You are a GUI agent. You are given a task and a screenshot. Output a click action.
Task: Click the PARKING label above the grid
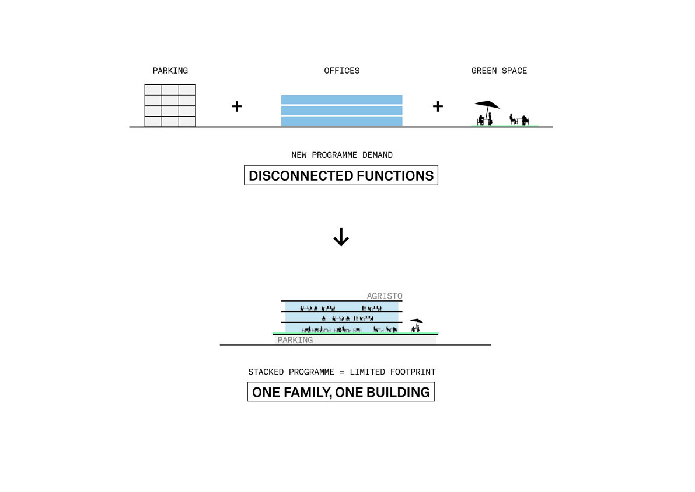pyautogui.click(x=170, y=71)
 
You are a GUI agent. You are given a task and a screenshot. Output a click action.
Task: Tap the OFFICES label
pyautogui.click(x=341, y=71)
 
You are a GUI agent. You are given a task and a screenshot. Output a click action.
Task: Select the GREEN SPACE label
pyautogui.click(x=499, y=71)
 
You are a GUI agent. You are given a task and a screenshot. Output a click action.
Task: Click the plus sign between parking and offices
pyautogui.click(x=236, y=106)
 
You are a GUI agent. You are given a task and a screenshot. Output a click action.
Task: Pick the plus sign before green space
pyautogui.click(x=438, y=106)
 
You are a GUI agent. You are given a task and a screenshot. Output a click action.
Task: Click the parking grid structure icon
pyautogui.click(x=170, y=106)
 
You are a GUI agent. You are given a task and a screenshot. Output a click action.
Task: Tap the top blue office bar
pyautogui.click(x=341, y=99)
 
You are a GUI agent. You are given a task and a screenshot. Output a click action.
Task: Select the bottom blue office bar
pyautogui.click(x=341, y=121)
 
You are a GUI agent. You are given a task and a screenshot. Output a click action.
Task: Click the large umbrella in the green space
pyautogui.click(x=487, y=105)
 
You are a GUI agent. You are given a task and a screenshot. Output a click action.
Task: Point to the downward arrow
pyautogui.click(x=341, y=237)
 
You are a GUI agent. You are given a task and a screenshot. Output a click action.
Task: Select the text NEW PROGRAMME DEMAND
pyautogui.click(x=341, y=155)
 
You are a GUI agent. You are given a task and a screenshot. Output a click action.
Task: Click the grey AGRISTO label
pyautogui.click(x=385, y=296)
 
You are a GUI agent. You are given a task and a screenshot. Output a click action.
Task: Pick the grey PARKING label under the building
pyautogui.click(x=295, y=340)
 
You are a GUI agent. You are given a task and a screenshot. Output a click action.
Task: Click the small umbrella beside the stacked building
pyautogui.click(x=416, y=321)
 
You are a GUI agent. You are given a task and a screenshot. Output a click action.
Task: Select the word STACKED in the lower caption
pyautogui.click(x=266, y=372)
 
